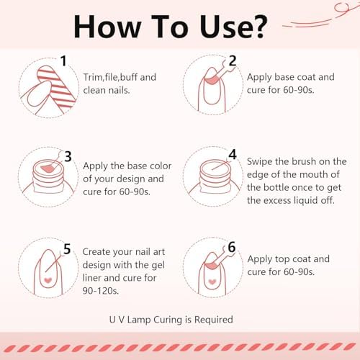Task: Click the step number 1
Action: coord(63,60)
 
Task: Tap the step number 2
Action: coord(233,60)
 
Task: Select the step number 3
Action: coord(68,156)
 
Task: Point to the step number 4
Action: coord(233,154)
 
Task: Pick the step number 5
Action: coord(67,249)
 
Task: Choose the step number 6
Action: coord(232,247)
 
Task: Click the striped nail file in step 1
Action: coord(57,86)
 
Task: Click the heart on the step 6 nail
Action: coord(212,282)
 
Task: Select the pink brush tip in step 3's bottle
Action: coord(47,168)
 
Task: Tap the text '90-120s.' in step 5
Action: coord(101,291)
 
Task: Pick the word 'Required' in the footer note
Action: coord(214,320)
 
